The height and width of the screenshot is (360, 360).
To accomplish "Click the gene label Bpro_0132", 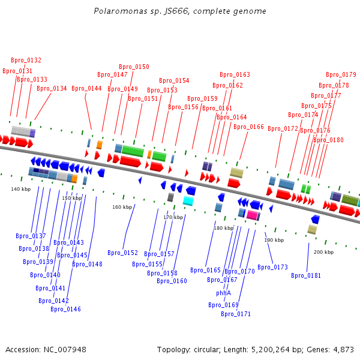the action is coord(26,60).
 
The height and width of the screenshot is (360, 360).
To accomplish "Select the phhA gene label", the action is coord(223,293).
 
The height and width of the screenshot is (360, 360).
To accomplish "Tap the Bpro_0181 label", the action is coord(306,275).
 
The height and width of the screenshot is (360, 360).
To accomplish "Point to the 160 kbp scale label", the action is coord(122,207).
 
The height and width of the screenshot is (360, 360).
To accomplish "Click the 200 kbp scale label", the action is coord(324,252).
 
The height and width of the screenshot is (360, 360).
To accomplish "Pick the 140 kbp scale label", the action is coord(20,189).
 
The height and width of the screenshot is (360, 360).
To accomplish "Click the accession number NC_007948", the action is coord(65,350).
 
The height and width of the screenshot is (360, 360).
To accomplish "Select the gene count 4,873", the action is coord(343,350).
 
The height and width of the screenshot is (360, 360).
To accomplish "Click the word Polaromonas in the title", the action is coord(121,11).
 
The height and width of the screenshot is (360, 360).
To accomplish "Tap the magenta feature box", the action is coord(252,215).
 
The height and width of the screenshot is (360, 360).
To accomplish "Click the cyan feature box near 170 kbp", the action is coord(188,201).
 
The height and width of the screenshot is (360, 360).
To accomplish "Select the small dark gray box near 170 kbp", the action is coord(170,197).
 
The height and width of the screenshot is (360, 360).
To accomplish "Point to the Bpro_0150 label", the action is coord(134,67).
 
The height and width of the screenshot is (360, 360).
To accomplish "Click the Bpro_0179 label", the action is coord(341,74).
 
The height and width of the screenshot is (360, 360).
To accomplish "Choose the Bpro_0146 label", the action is coord(65,309).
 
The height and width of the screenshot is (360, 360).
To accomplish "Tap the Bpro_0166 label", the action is coord(248,127).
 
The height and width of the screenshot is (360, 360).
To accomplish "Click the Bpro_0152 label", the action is coord(122,253).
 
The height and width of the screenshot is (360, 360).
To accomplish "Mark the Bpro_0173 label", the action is coord(272,267).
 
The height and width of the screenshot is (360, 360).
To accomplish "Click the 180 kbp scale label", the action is coord(224,228).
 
